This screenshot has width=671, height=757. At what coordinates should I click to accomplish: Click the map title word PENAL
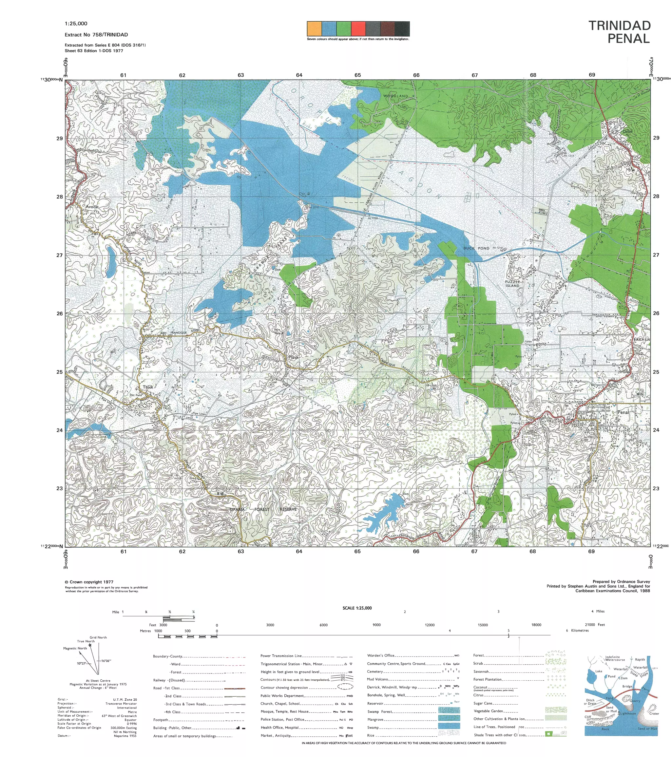(629, 39)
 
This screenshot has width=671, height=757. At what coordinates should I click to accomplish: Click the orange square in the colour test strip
(314, 29)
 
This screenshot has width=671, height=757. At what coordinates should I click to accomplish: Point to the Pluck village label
(293, 357)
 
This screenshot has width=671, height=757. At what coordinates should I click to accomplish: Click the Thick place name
(148, 387)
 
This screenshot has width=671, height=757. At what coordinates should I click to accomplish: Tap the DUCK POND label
(476, 248)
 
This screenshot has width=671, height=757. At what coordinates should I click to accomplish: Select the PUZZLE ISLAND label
(512, 284)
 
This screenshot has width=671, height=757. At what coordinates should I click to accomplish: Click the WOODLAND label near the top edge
(395, 96)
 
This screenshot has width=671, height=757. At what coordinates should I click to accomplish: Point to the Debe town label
(627, 131)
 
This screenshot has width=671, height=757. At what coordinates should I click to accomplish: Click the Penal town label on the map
(623, 412)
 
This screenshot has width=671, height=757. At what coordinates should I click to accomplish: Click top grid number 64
(299, 75)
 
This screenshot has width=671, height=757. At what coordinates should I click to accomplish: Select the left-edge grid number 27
(59, 255)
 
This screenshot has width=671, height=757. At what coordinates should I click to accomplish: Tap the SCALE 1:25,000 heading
(357, 608)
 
